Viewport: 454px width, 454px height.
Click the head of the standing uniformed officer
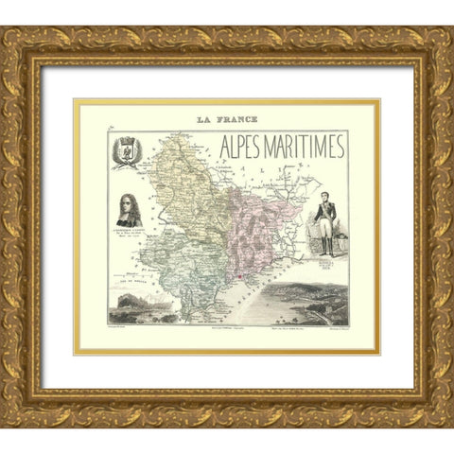pyautogui.click(x=327, y=183)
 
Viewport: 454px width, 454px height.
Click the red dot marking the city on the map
pyautogui.click(x=240, y=275)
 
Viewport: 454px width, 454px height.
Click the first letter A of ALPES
pyautogui.click(x=224, y=148)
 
